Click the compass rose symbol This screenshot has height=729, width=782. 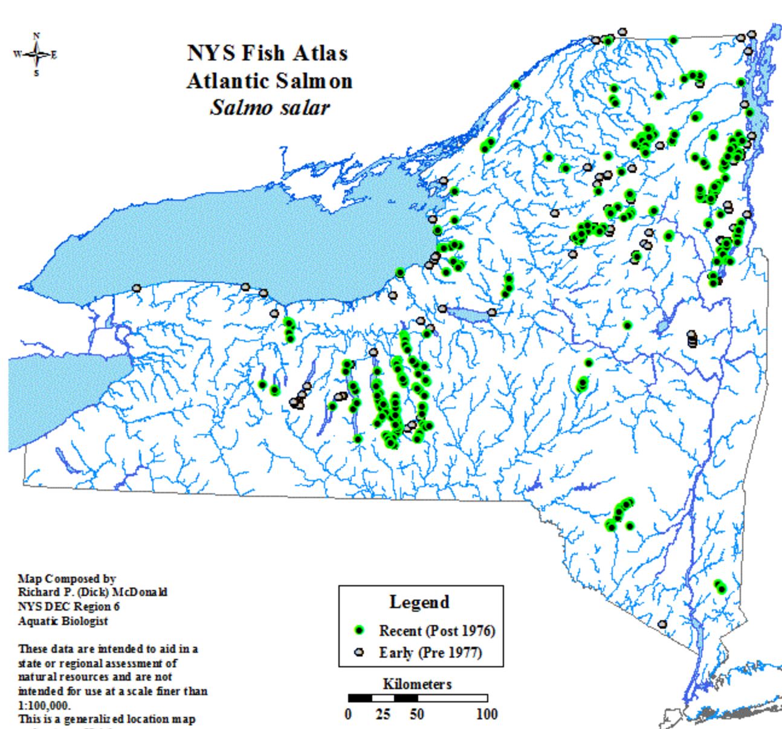tap(36, 55)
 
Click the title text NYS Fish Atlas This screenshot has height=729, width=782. tap(267, 53)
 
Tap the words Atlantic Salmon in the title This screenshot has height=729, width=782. tap(269, 80)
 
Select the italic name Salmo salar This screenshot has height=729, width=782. tap(269, 108)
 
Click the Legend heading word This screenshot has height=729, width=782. tap(419, 602)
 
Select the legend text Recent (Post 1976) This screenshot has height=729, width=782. tap(436, 630)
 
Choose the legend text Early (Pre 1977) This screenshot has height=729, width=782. tap(430, 652)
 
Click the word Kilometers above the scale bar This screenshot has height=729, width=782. tap(417, 684)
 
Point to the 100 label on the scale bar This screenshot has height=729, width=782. tap(486, 714)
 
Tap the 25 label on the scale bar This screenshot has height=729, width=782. tap(383, 714)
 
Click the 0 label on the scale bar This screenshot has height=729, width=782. tap(349, 714)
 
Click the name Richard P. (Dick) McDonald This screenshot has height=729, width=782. tap(92, 592)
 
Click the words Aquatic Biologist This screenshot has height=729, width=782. tap(63, 621)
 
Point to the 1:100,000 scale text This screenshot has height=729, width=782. tap(44, 705)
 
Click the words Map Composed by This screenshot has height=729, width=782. tap(66, 578)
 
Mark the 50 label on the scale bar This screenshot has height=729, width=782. tap(416, 714)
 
